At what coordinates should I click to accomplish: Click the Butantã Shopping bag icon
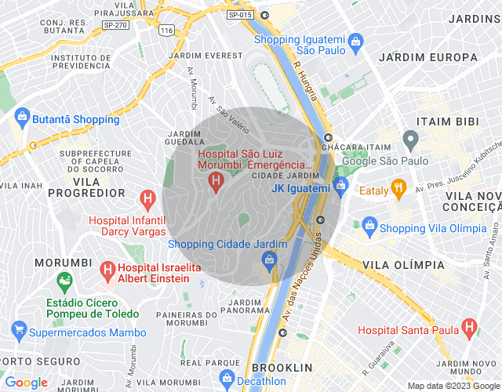coord(21,119)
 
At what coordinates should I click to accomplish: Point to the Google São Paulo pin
coord(409,141)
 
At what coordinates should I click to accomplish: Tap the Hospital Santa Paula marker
coord(469,326)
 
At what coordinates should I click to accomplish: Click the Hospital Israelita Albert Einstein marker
coord(110,271)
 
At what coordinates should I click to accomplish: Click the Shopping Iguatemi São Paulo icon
coord(355,40)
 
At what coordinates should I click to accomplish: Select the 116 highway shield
coord(166,30)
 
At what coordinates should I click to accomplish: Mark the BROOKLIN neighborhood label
coord(283,368)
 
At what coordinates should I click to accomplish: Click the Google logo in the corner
coord(27,383)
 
